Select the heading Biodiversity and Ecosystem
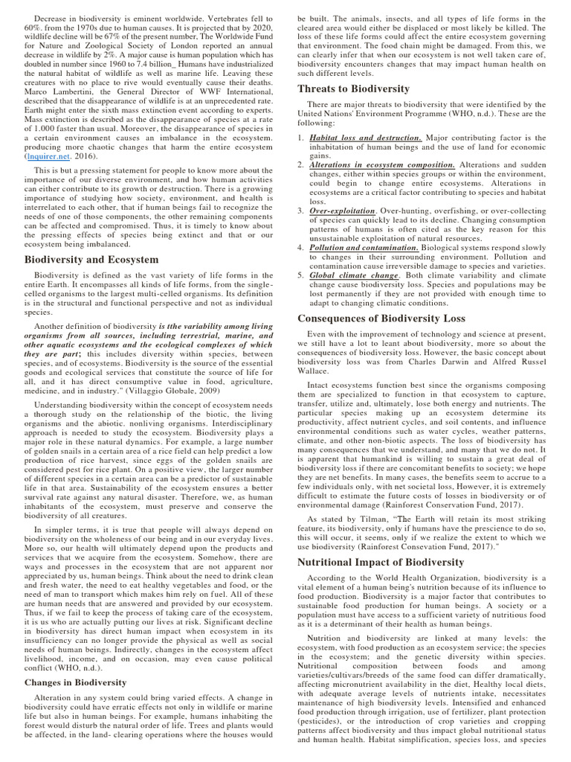pyautogui.click(x=91, y=260)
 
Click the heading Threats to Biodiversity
pyautogui.click(x=353, y=89)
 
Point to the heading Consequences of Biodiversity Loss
pyautogui.click(x=381, y=318)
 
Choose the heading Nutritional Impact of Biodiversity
pyautogui.click(x=380, y=562)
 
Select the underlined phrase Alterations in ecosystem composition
pyautogui.click(x=382, y=164)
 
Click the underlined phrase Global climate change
pyautogui.click(x=355, y=275)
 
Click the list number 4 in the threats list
pyautogui.click(x=300, y=247)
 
